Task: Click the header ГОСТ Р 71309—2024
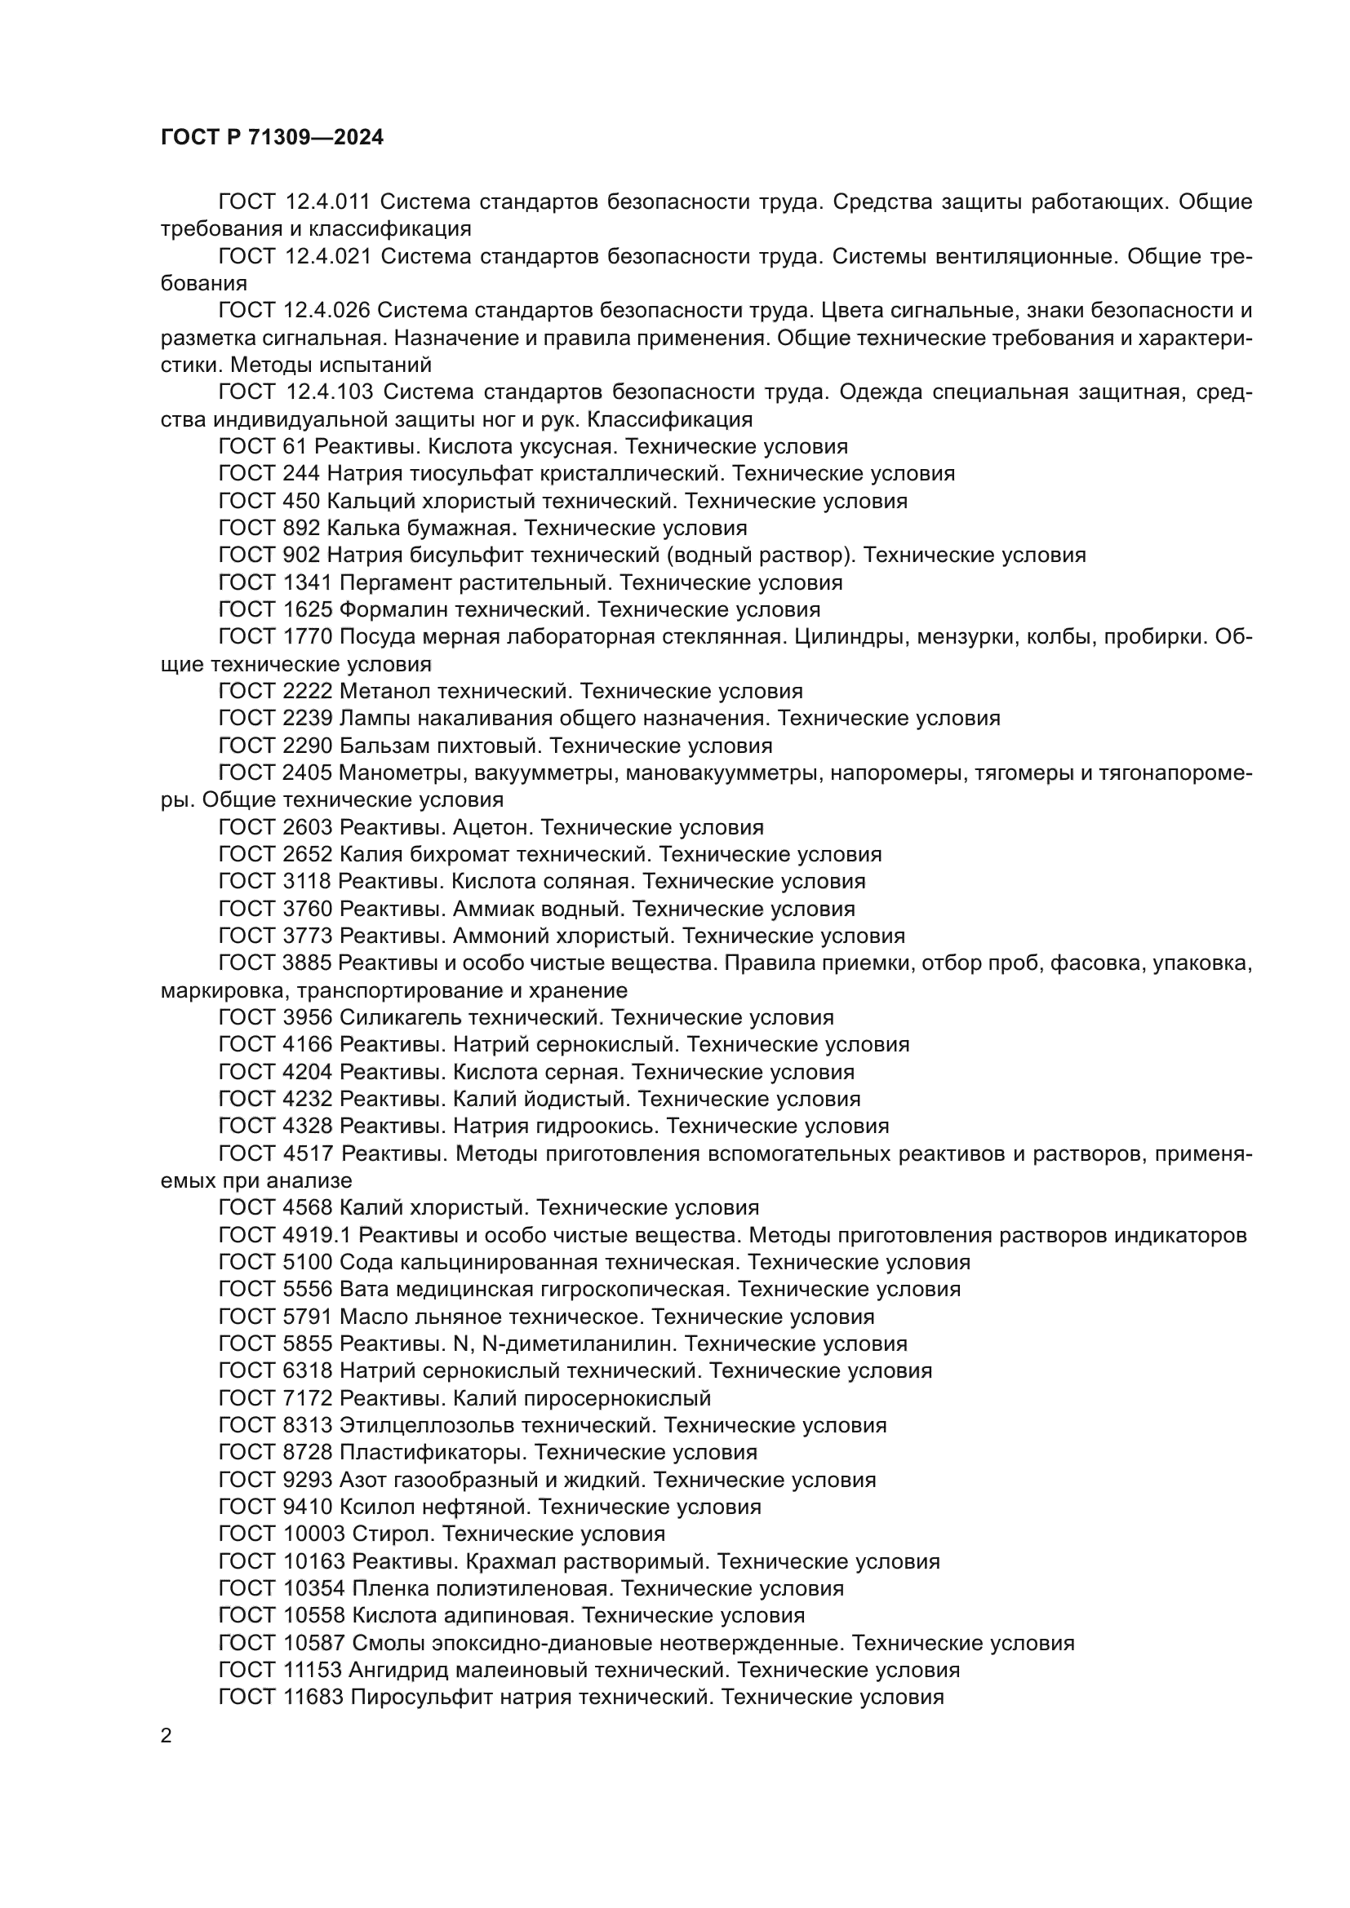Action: point(272,138)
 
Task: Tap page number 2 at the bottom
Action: point(167,1736)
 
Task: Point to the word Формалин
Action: point(389,610)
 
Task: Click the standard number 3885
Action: point(308,963)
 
